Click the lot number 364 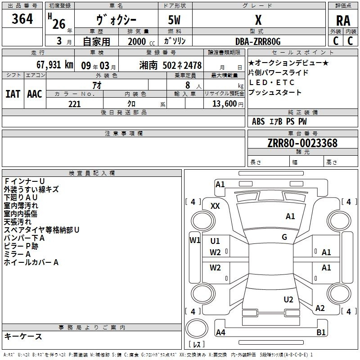(x=22, y=18)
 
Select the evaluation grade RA (x=343, y=21)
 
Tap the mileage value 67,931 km (x=55, y=65)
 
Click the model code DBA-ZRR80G (x=258, y=41)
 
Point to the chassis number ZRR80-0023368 (x=302, y=143)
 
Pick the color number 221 (x=74, y=104)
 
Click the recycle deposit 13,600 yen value (x=228, y=104)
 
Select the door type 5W (x=174, y=20)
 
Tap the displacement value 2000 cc (x=141, y=41)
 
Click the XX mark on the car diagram (x=215, y=206)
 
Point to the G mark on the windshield (x=284, y=237)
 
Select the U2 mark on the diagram (x=288, y=300)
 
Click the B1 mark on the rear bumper (x=321, y=332)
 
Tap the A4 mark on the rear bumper (x=220, y=332)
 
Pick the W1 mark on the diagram (x=195, y=240)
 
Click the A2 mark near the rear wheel (x=320, y=308)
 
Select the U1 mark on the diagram (x=215, y=241)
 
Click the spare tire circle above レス (x=197, y=328)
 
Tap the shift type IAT (x=13, y=94)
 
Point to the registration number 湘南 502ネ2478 (x=171, y=65)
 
